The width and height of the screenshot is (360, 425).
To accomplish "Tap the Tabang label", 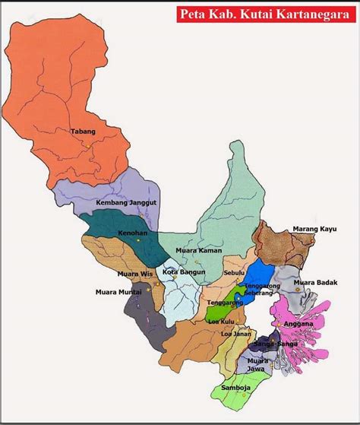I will [x=84, y=132].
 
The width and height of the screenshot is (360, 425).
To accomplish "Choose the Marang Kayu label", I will [x=314, y=228].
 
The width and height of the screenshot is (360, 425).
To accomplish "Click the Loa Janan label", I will [x=235, y=334].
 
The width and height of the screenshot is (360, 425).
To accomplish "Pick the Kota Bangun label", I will [x=183, y=271].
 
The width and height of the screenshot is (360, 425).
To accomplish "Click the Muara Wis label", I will [x=134, y=273].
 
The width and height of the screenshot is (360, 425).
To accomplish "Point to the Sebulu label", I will [x=235, y=272].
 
